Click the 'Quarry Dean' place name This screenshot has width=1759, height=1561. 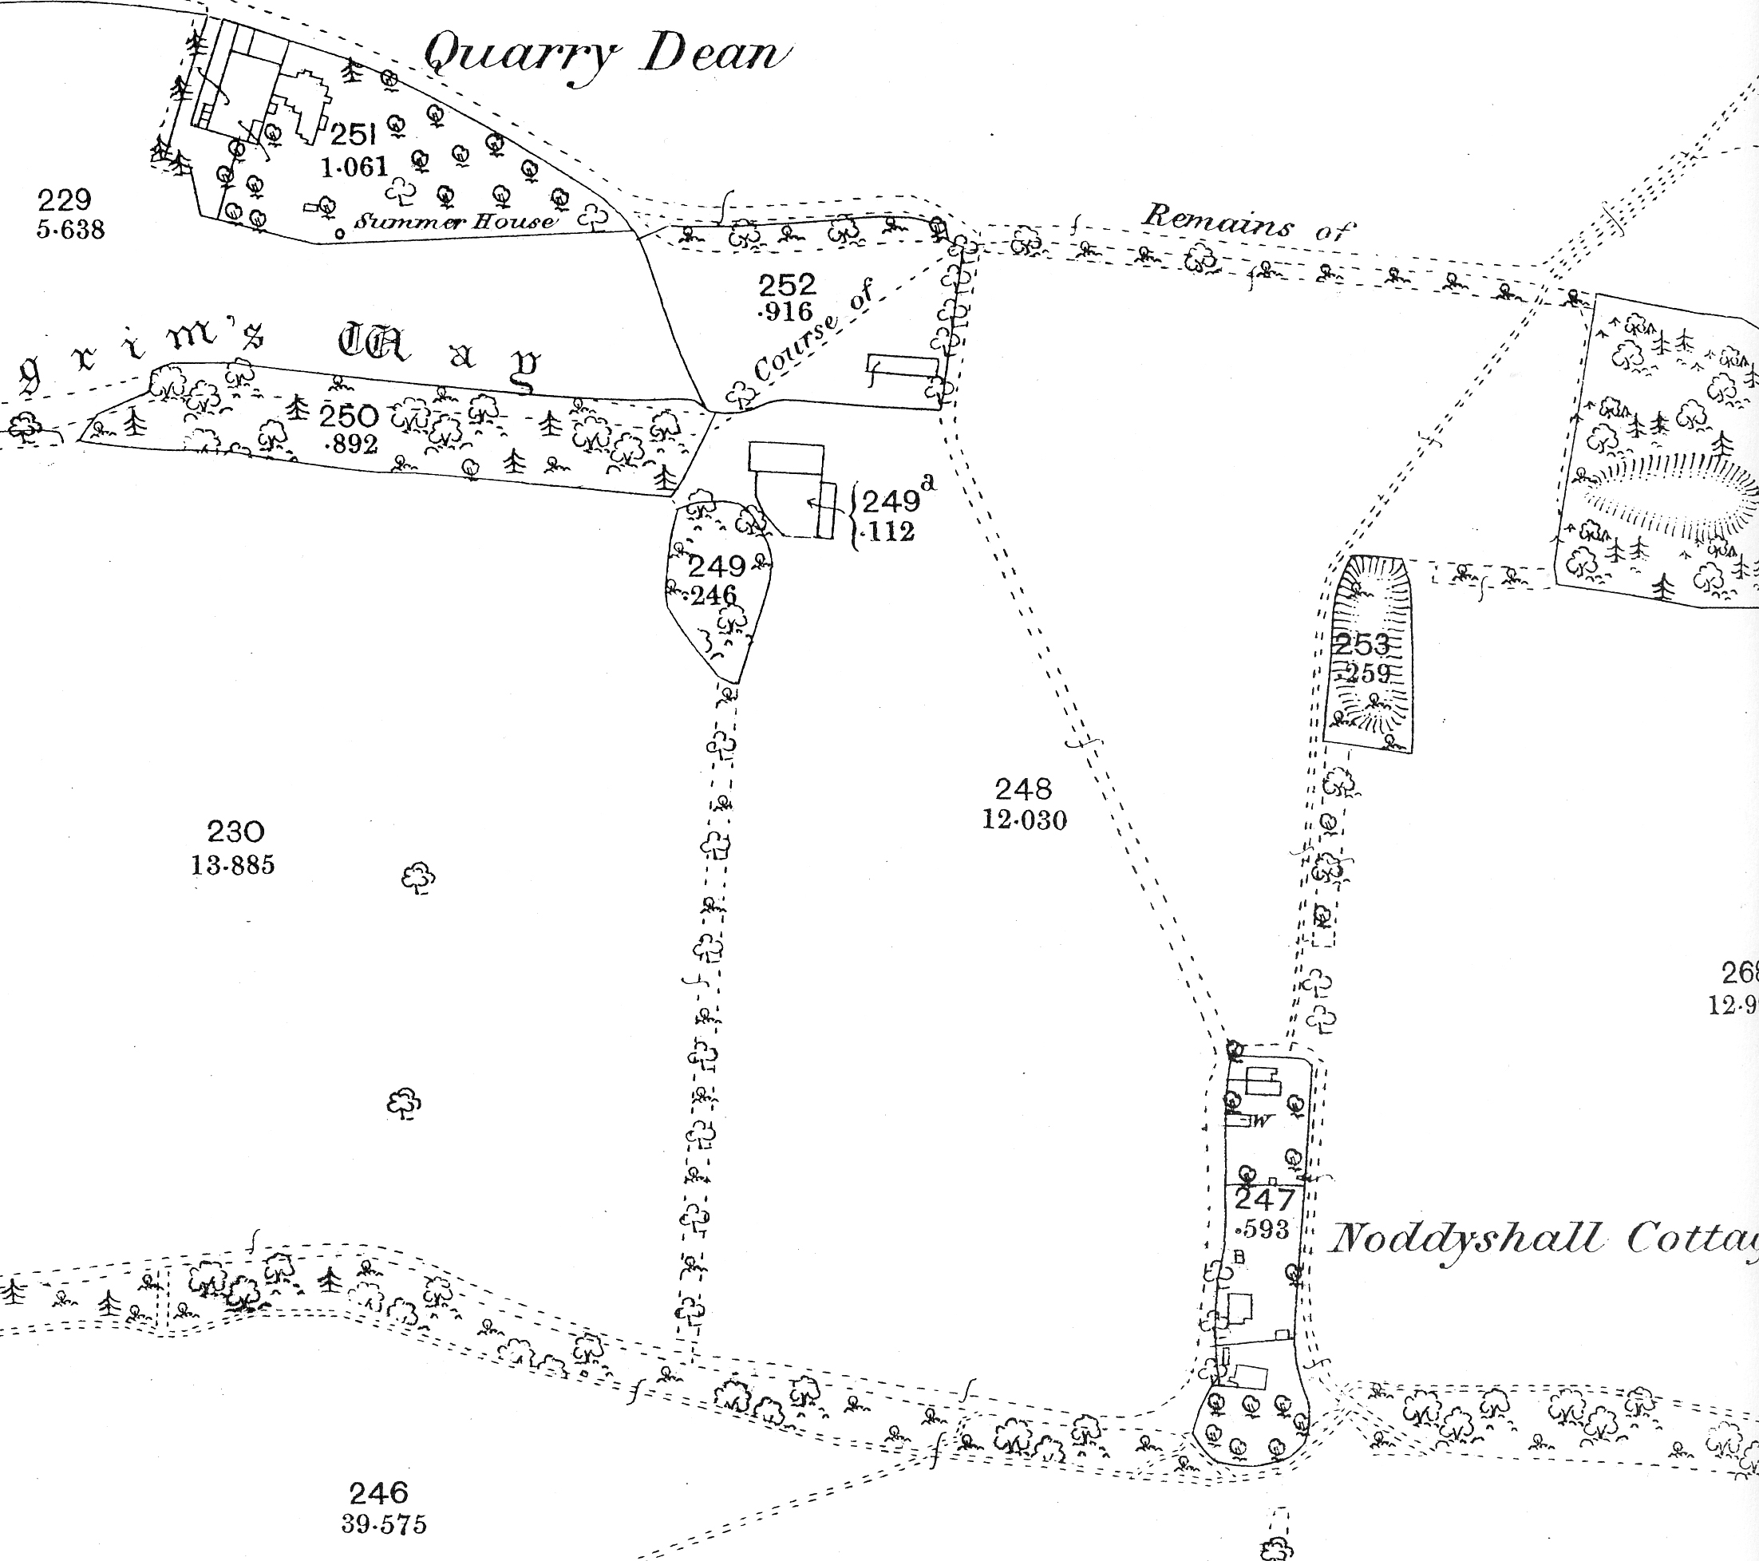[607, 55]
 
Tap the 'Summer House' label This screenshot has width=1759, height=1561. [455, 221]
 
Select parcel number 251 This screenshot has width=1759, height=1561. [354, 134]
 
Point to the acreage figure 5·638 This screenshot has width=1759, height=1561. [70, 230]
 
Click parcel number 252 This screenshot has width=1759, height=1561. [787, 284]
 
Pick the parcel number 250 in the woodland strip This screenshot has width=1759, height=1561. [349, 417]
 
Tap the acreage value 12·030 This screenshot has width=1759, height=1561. [1024, 820]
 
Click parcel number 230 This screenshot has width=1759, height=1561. [235, 832]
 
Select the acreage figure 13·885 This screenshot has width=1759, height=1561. [232, 864]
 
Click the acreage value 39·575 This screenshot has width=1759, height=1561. [384, 1525]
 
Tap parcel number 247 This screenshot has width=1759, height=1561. [1264, 1199]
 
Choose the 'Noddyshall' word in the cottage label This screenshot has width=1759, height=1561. [1465, 1240]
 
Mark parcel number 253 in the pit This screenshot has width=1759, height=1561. [1362, 644]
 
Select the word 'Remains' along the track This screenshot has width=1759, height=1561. [1217, 221]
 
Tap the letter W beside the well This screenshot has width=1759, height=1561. [1262, 1121]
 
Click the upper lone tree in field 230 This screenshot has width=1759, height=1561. [418, 878]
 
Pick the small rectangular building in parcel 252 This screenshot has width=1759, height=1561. [902, 366]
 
